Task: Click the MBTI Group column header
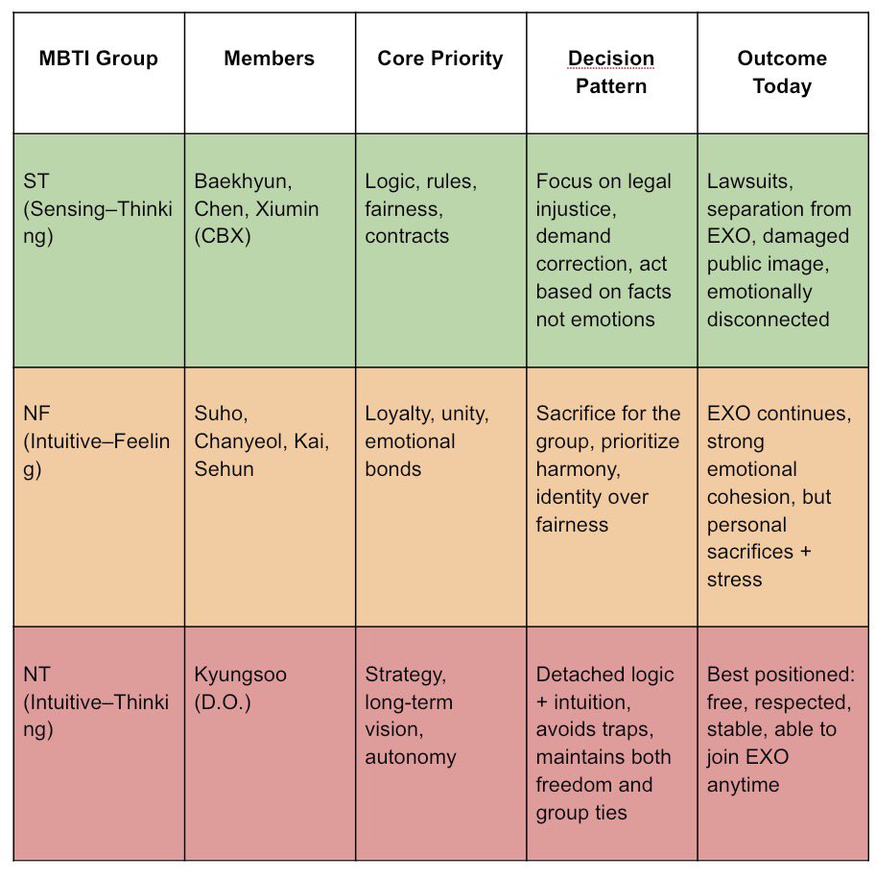pos(99,59)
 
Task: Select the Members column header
pos(270,59)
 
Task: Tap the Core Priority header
pos(439,59)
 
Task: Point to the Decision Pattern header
pos(610,72)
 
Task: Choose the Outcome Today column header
pos(781,72)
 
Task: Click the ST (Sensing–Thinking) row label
pos(97,208)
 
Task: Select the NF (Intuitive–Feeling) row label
pos(96,441)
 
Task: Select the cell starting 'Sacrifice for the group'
pos(607,468)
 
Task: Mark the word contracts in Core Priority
pos(407,236)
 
